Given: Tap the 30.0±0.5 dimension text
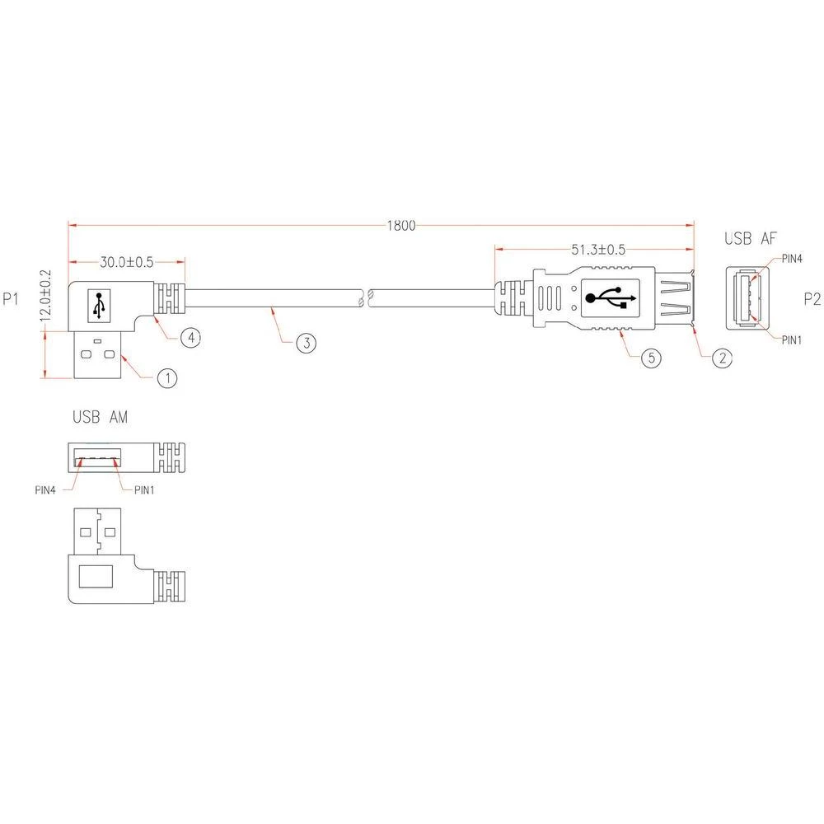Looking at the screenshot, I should point(127,262).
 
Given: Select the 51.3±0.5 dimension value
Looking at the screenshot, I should point(597,249).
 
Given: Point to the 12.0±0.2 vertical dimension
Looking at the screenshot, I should point(46,300).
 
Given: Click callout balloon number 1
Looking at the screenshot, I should point(167,378).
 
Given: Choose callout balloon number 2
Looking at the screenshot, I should point(722,358).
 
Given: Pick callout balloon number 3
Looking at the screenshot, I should point(305,343).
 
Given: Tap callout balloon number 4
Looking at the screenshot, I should point(189,338).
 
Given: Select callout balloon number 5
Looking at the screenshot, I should point(652,358).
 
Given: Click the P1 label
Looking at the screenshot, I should point(12,299).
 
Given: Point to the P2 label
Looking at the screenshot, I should point(812,299).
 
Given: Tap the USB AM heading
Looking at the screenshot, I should point(100,419).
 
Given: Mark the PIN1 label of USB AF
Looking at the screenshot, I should point(792,339).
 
